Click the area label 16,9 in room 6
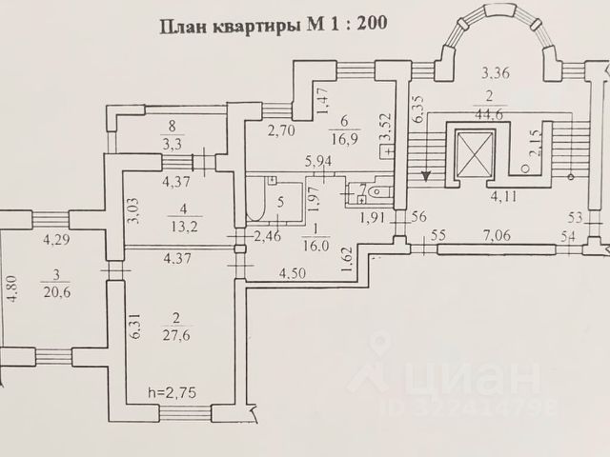click(343, 139)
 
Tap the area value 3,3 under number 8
click(172, 145)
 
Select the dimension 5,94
click(319, 162)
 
